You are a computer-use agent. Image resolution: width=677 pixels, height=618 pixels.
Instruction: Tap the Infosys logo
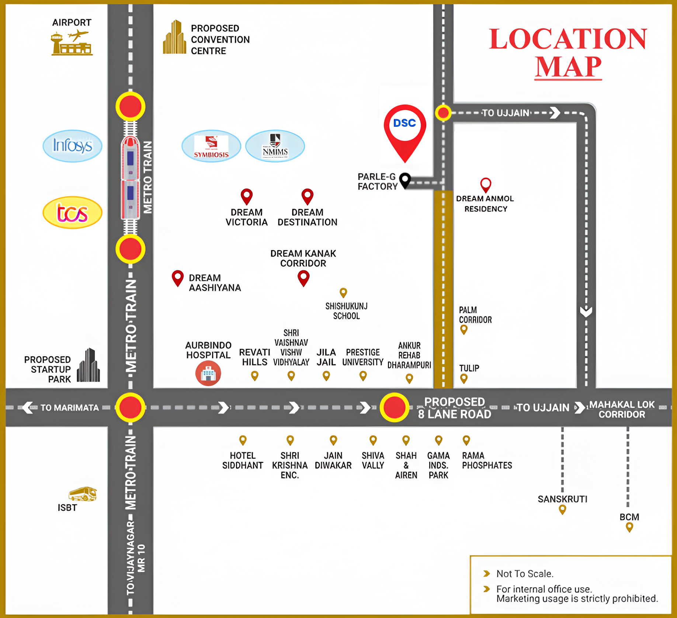point(72,146)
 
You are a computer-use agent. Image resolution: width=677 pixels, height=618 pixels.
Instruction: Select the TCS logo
point(72,212)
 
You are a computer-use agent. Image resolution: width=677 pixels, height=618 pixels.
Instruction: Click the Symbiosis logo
point(211,146)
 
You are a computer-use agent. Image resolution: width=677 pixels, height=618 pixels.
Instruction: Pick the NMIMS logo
point(275,146)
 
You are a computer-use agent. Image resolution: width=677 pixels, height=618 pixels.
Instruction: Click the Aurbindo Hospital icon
point(208,374)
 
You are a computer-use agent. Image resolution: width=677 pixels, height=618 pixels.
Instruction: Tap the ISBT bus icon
point(83,494)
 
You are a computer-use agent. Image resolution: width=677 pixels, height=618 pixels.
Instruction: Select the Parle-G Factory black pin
point(405,180)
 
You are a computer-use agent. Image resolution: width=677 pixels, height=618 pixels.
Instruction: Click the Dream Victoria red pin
point(247,196)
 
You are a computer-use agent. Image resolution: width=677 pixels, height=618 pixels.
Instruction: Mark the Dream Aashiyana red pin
point(178,278)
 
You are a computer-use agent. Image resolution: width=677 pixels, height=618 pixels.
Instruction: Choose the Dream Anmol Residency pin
point(486,184)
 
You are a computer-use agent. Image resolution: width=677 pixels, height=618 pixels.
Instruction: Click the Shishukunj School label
point(346,311)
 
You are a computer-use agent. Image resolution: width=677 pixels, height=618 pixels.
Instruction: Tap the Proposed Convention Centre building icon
point(175,38)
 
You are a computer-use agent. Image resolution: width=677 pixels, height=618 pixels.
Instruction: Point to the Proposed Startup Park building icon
point(88,365)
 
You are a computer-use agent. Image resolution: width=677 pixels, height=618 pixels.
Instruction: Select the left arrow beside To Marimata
point(28,408)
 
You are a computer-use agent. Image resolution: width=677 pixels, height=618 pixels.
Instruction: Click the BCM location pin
point(629,527)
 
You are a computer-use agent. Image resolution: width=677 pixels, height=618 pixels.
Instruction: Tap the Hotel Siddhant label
point(243,461)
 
